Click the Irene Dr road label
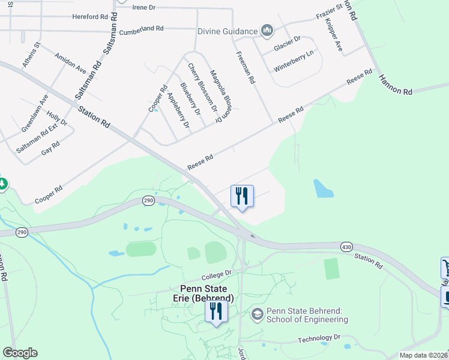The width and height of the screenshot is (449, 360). coord(143,7)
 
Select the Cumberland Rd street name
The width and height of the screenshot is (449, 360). coord(142,28)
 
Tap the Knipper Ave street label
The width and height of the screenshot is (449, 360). coord(333,36)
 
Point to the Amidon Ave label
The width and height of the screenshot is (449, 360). coord(70,62)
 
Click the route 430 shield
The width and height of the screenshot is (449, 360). coord(347,247)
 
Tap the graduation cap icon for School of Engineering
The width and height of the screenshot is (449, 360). coord(257,314)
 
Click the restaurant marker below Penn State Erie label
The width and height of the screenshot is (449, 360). coord(215,311)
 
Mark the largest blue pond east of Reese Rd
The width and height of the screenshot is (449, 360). coord(323,188)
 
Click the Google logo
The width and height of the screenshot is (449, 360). coord(20,353)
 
